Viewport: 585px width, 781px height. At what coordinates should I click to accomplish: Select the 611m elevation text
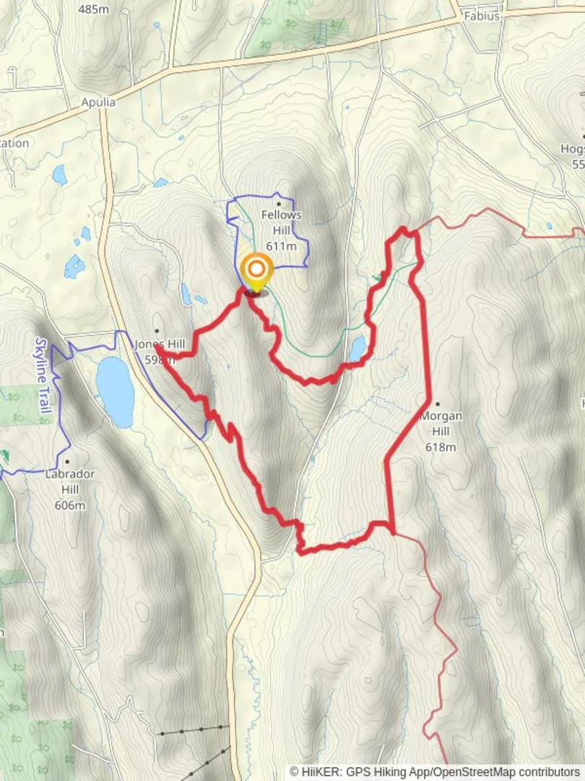coord(282,246)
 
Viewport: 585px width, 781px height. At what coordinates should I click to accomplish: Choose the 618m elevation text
coord(441,447)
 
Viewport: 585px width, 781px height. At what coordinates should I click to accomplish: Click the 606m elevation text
coord(69,505)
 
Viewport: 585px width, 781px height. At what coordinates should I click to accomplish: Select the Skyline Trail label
coord(42,375)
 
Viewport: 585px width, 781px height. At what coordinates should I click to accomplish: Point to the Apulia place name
coord(98,102)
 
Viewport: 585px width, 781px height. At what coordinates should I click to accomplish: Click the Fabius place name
coord(482,15)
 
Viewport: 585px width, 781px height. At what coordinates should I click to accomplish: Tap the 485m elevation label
coord(93,9)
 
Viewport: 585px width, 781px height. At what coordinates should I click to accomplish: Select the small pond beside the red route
coord(357,348)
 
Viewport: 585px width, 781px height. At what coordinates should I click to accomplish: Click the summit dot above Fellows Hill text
coord(278,205)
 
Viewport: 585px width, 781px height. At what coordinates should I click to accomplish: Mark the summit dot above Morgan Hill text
coord(438,404)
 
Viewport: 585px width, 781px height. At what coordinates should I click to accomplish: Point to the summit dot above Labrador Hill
coord(67,461)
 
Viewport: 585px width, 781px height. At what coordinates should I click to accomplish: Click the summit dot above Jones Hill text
coord(156,331)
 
